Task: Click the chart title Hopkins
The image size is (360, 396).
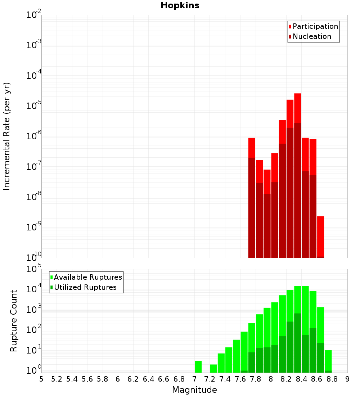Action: [x=180, y=6]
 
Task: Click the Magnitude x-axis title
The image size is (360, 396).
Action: [x=194, y=390]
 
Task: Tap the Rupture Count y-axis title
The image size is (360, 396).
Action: [x=14, y=321]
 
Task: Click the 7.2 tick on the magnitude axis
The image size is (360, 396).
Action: [x=210, y=379]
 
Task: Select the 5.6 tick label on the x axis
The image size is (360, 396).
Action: [x=87, y=379]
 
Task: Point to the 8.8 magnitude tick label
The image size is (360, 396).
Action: [x=332, y=379]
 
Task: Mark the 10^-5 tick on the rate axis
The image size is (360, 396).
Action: [x=34, y=106]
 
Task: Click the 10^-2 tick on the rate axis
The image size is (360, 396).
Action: [x=34, y=15]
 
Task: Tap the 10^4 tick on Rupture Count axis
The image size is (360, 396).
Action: [x=34, y=289]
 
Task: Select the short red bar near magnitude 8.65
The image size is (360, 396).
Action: [x=320, y=236]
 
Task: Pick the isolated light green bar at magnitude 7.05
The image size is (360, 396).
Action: [x=198, y=366]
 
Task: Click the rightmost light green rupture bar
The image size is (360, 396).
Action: [x=328, y=361]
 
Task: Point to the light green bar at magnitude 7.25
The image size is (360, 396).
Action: [x=213, y=368]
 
